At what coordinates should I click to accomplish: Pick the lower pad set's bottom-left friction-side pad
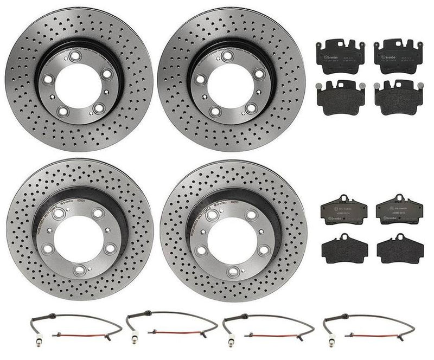[x=344, y=249]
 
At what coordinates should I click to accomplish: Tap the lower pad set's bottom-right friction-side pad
[x=400, y=249]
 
